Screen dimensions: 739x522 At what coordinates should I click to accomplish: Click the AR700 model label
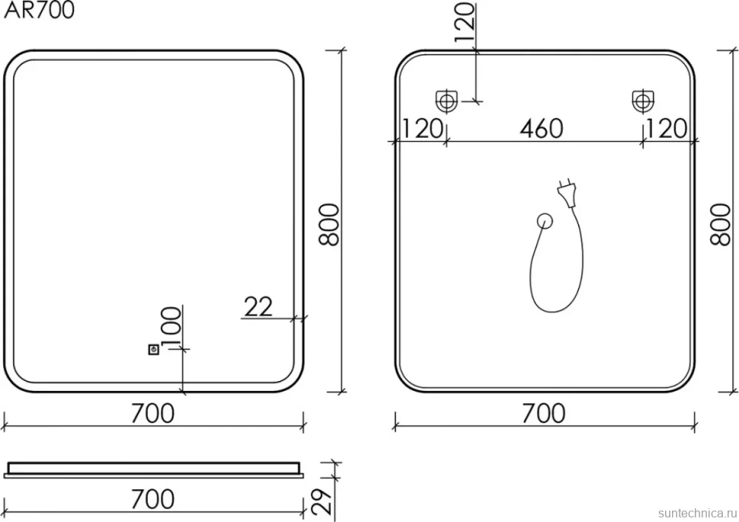(x=39, y=11)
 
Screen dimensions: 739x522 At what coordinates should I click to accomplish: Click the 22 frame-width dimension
(x=258, y=306)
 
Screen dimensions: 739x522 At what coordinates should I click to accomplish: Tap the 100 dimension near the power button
(x=171, y=325)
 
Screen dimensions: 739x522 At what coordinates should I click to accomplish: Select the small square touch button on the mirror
(x=153, y=350)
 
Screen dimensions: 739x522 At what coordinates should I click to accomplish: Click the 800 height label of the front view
(x=329, y=225)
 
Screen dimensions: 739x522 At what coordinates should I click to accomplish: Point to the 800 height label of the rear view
(x=720, y=225)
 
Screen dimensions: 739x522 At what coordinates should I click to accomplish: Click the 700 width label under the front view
(x=152, y=413)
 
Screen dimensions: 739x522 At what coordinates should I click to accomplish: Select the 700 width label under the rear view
(x=544, y=413)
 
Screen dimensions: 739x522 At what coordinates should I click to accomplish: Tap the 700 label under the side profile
(x=152, y=499)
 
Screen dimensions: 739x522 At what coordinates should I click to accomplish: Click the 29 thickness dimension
(x=322, y=501)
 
